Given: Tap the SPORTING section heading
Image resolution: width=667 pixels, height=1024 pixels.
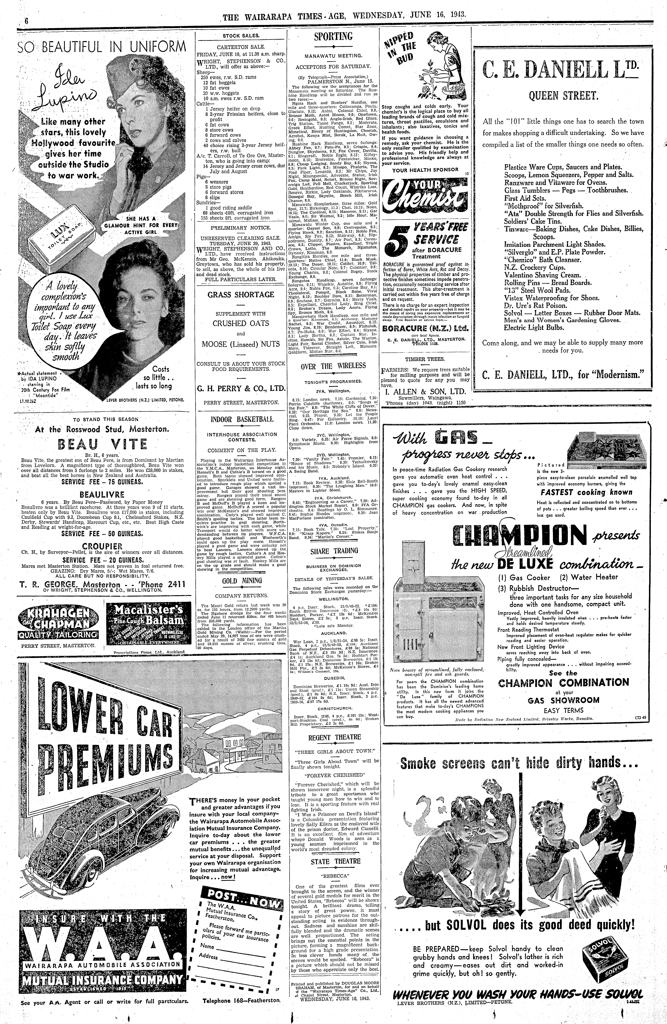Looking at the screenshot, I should coord(333,37).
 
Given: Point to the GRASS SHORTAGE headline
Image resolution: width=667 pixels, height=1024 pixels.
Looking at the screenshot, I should coord(241,295).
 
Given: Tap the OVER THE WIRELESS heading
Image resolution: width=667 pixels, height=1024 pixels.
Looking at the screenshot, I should coord(333,366).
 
